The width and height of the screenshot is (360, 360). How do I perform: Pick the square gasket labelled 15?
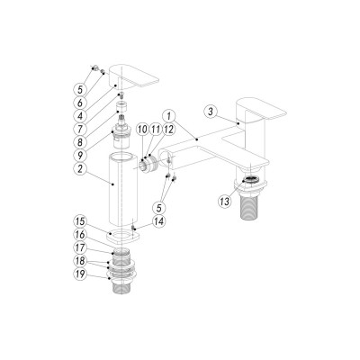(118, 236)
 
